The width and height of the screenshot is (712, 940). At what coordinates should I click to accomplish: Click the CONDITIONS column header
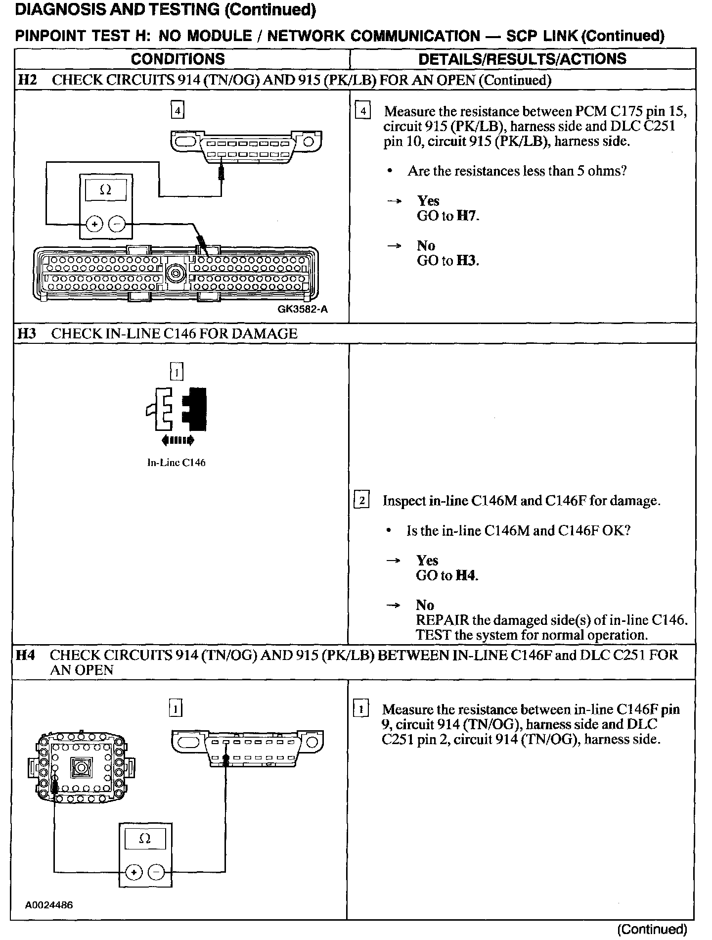coord(178,59)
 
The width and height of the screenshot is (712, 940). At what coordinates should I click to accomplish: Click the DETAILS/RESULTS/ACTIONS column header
coord(522,59)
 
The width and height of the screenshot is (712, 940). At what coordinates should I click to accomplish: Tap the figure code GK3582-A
coord(303,310)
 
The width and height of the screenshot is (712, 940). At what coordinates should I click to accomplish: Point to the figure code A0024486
coord(49,905)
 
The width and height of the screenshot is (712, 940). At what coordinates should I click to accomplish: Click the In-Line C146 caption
coord(177,463)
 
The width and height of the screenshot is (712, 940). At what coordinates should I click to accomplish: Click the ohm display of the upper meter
coord(106,190)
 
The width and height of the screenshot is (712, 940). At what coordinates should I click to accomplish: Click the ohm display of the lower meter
coord(145,839)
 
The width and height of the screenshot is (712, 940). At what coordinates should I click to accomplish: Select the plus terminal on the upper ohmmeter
coord(94,224)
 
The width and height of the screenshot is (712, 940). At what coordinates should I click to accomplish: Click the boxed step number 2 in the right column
coord(361,501)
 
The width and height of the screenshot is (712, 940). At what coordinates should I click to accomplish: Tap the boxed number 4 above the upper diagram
coord(178,109)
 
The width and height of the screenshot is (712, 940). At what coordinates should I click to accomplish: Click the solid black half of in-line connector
coord(196,409)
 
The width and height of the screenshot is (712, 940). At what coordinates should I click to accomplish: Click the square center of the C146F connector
coord(80,768)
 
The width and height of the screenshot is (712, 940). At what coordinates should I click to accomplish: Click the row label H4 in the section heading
coord(26,655)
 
